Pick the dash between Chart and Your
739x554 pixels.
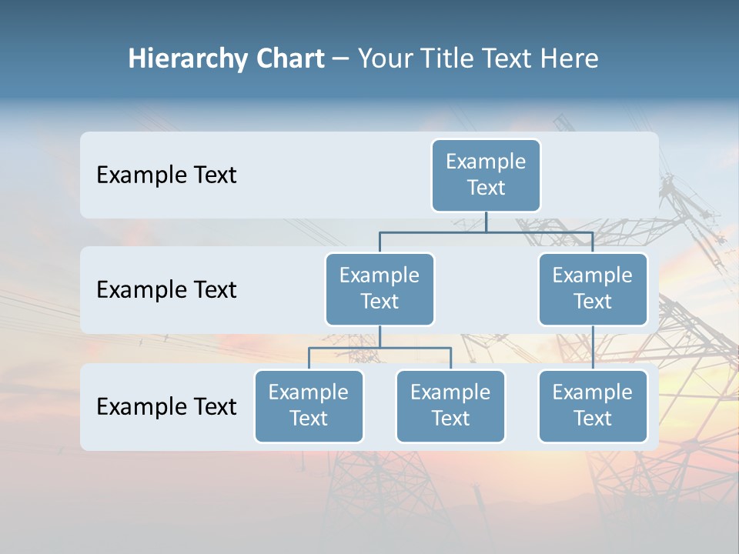point(341,60)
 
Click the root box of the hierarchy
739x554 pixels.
point(486,175)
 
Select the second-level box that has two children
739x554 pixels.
point(380,289)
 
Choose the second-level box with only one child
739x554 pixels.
point(593,289)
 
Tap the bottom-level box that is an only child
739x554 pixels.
point(593,405)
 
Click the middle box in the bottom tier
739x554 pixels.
point(450,405)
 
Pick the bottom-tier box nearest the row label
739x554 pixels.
point(309,405)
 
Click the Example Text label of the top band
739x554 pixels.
point(166,175)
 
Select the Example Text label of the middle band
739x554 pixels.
point(166,290)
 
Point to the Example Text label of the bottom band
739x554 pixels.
point(166,406)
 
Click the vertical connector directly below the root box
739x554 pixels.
point(486,222)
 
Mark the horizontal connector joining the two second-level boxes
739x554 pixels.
point(486,232)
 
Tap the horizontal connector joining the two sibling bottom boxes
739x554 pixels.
point(380,348)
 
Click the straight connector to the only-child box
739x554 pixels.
point(593,348)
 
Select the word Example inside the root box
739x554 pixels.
point(486,162)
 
